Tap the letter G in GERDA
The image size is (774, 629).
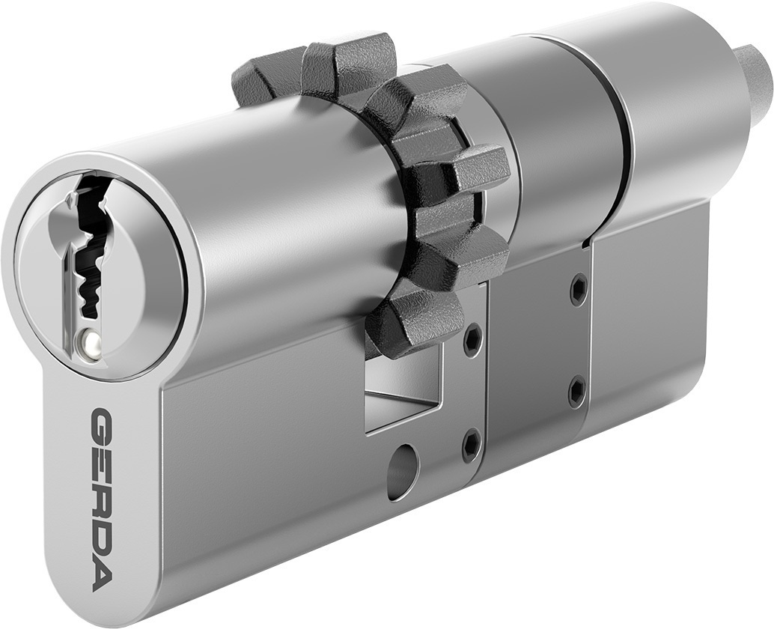[x=102, y=424]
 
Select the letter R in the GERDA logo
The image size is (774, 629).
[x=102, y=500]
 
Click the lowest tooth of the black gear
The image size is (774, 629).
[x=408, y=323]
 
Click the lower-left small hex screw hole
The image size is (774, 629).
[x=472, y=444]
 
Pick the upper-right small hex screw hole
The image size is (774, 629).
[x=578, y=289]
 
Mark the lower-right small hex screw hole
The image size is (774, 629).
[x=576, y=390]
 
